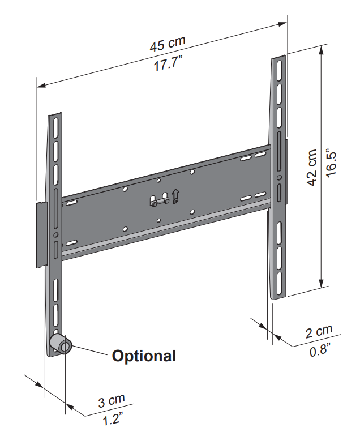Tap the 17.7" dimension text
(x=168, y=63)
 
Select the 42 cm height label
(x=312, y=168)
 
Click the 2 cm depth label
(x=319, y=331)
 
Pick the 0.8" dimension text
(x=320, y=349)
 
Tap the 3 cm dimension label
(x=112, y=401)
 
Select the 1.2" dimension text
(x=113, y=418)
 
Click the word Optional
(x=144, y=356)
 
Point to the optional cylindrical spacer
(x=61, y=344)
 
